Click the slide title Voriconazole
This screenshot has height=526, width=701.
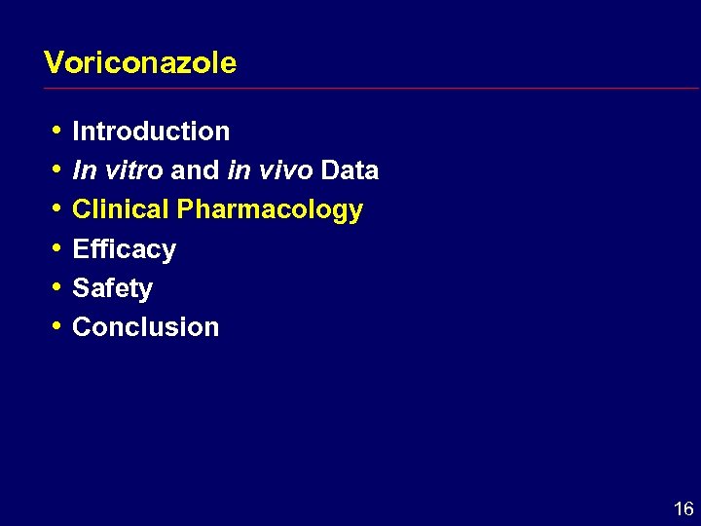point(140,63)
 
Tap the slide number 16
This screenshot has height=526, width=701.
point(683,508)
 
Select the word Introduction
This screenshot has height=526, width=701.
point(151,131)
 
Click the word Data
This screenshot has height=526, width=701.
point(350,170)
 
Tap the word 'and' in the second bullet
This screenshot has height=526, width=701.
point(195,170)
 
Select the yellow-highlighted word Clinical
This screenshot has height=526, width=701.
point(121,209)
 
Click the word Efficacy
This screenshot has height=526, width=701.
point(125,250)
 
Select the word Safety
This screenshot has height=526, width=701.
point(113,289)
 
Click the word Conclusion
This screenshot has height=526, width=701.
point(146,327)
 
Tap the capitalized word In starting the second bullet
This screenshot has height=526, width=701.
point(84,170)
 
